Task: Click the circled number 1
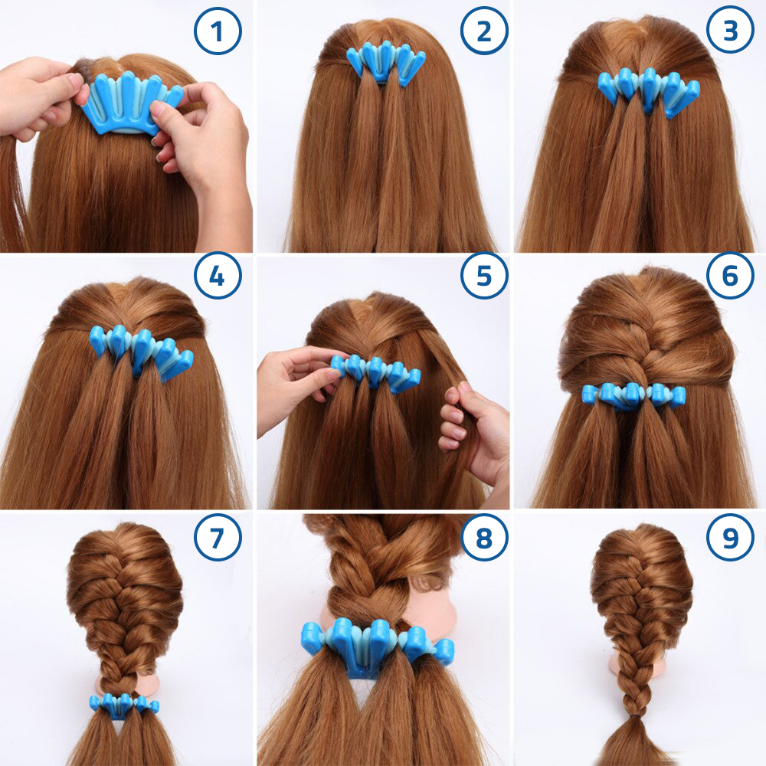218,31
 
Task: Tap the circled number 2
484,31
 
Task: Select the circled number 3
730,31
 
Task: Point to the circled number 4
218,276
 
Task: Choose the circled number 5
484,276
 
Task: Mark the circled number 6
730,276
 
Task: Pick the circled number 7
218,538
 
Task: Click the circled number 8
484,538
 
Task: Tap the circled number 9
730,538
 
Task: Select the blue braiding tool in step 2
386,63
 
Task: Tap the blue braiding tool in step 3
650,91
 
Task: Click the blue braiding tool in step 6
634,396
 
